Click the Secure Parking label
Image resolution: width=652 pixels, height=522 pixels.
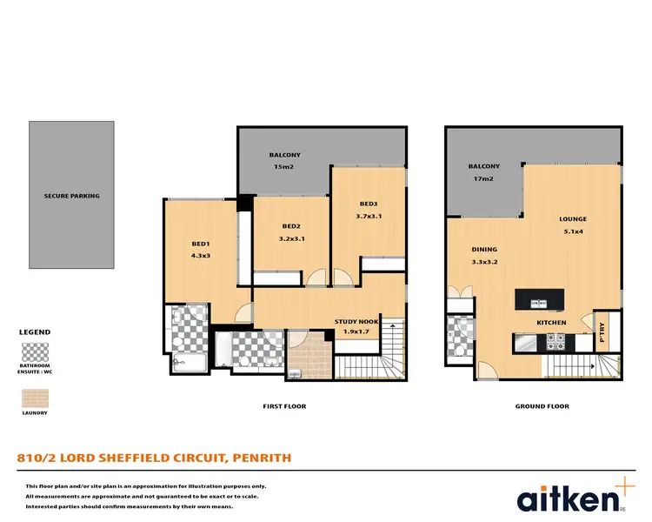coord(72,196)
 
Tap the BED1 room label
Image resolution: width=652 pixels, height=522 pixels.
coord(201,244)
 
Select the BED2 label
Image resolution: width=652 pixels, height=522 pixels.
coord(291,225)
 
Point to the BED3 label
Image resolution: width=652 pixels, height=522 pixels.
coord(368,204)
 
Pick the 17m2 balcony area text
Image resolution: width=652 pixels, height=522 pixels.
coord(484,178)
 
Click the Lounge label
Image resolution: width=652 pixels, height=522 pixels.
coord(573,219)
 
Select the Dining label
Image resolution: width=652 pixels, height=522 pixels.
coord(484,248)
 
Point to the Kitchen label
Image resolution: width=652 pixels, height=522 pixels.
coord(551,323)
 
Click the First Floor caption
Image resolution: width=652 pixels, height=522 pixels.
coord(284,406)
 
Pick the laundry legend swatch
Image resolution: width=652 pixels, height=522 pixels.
coord(34,398)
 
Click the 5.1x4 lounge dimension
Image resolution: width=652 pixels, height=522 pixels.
coord(573,232)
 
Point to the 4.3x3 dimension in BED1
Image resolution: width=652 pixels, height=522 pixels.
coord(201,256)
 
